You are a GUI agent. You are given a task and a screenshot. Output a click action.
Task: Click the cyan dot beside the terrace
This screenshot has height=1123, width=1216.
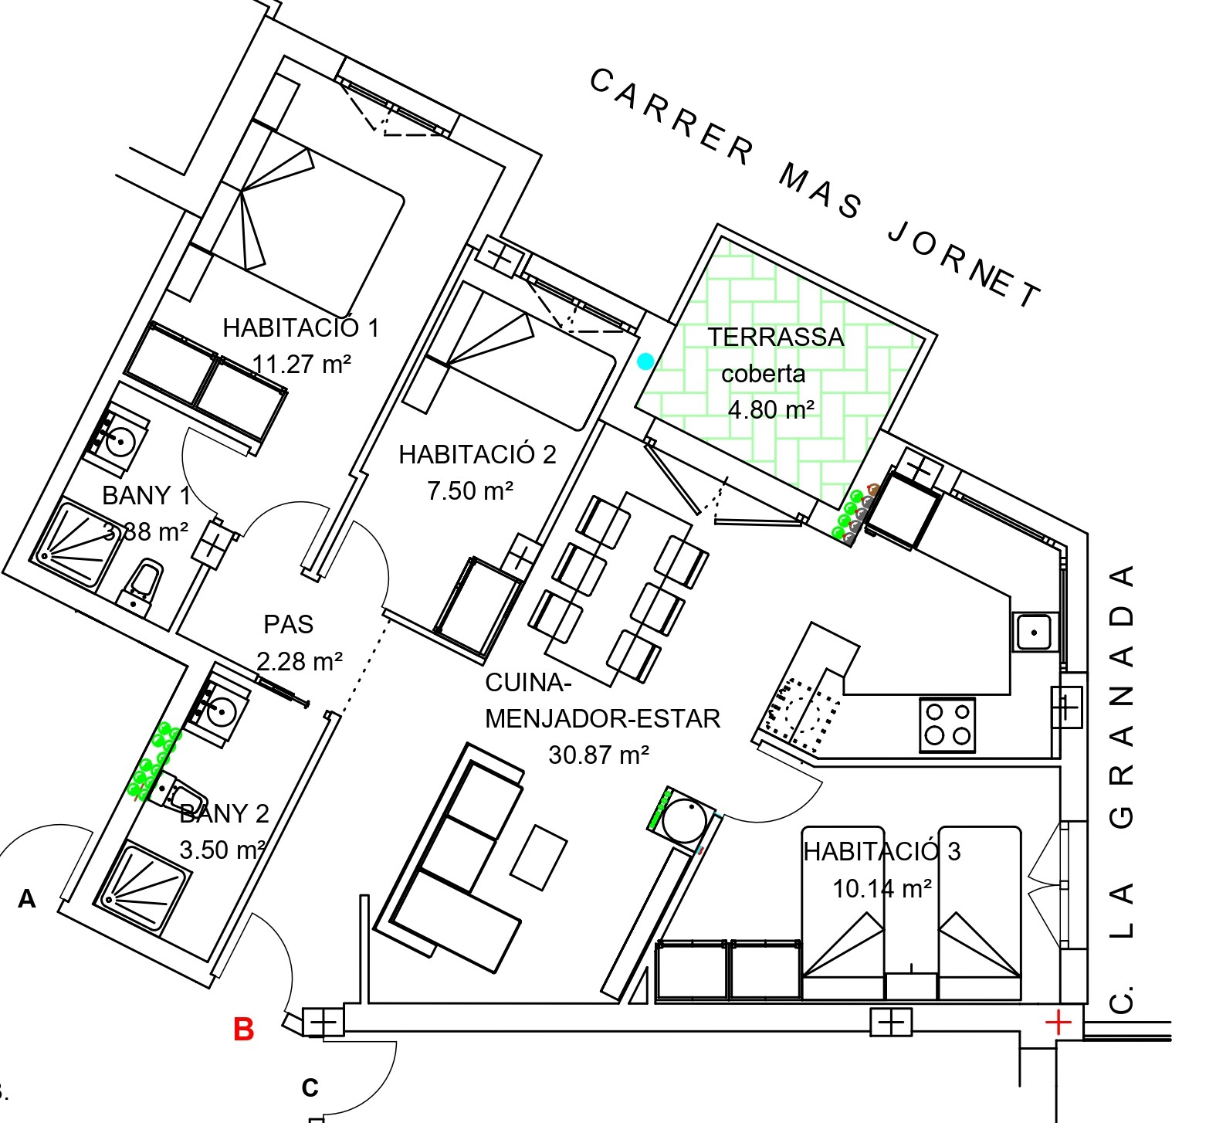(x=645, y=361)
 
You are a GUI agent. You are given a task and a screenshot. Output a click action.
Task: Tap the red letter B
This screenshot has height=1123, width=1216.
(x=244, y=1029)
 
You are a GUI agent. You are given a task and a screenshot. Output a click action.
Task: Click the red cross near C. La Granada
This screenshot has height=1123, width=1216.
(x=1058, y=1023)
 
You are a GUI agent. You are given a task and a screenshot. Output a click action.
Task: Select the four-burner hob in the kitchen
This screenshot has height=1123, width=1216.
(x=947, y=725)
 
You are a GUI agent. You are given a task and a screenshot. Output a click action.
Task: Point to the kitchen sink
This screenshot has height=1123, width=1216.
(x=1033, y=633)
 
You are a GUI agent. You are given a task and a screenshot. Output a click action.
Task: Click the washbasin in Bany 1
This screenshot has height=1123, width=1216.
(x=117, y=440)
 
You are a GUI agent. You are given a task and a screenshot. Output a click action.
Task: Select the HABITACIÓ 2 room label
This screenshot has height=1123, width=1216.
(x=477, y=454)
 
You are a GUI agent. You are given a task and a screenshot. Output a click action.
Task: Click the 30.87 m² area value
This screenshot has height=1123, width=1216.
(x=598, y=755)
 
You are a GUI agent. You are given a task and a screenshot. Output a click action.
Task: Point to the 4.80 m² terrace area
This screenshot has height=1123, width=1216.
(x=771, y=409)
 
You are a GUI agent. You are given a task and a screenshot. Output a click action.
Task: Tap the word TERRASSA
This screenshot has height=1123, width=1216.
(x=776, y=338)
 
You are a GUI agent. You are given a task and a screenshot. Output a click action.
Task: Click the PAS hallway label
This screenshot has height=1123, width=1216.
(x=289, y=624)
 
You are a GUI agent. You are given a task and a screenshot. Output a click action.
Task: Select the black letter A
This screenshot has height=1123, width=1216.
(x=27, y=898)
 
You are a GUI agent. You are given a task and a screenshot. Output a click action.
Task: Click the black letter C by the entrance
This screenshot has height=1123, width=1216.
(x=310, y=1087)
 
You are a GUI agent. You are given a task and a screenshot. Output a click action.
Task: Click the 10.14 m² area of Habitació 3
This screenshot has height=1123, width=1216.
(x=882, y=888)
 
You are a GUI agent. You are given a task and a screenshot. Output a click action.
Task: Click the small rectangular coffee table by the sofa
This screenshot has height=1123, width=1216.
(x=539, y=857)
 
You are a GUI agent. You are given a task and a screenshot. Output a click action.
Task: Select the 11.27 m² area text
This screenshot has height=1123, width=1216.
(x=302, y=363)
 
